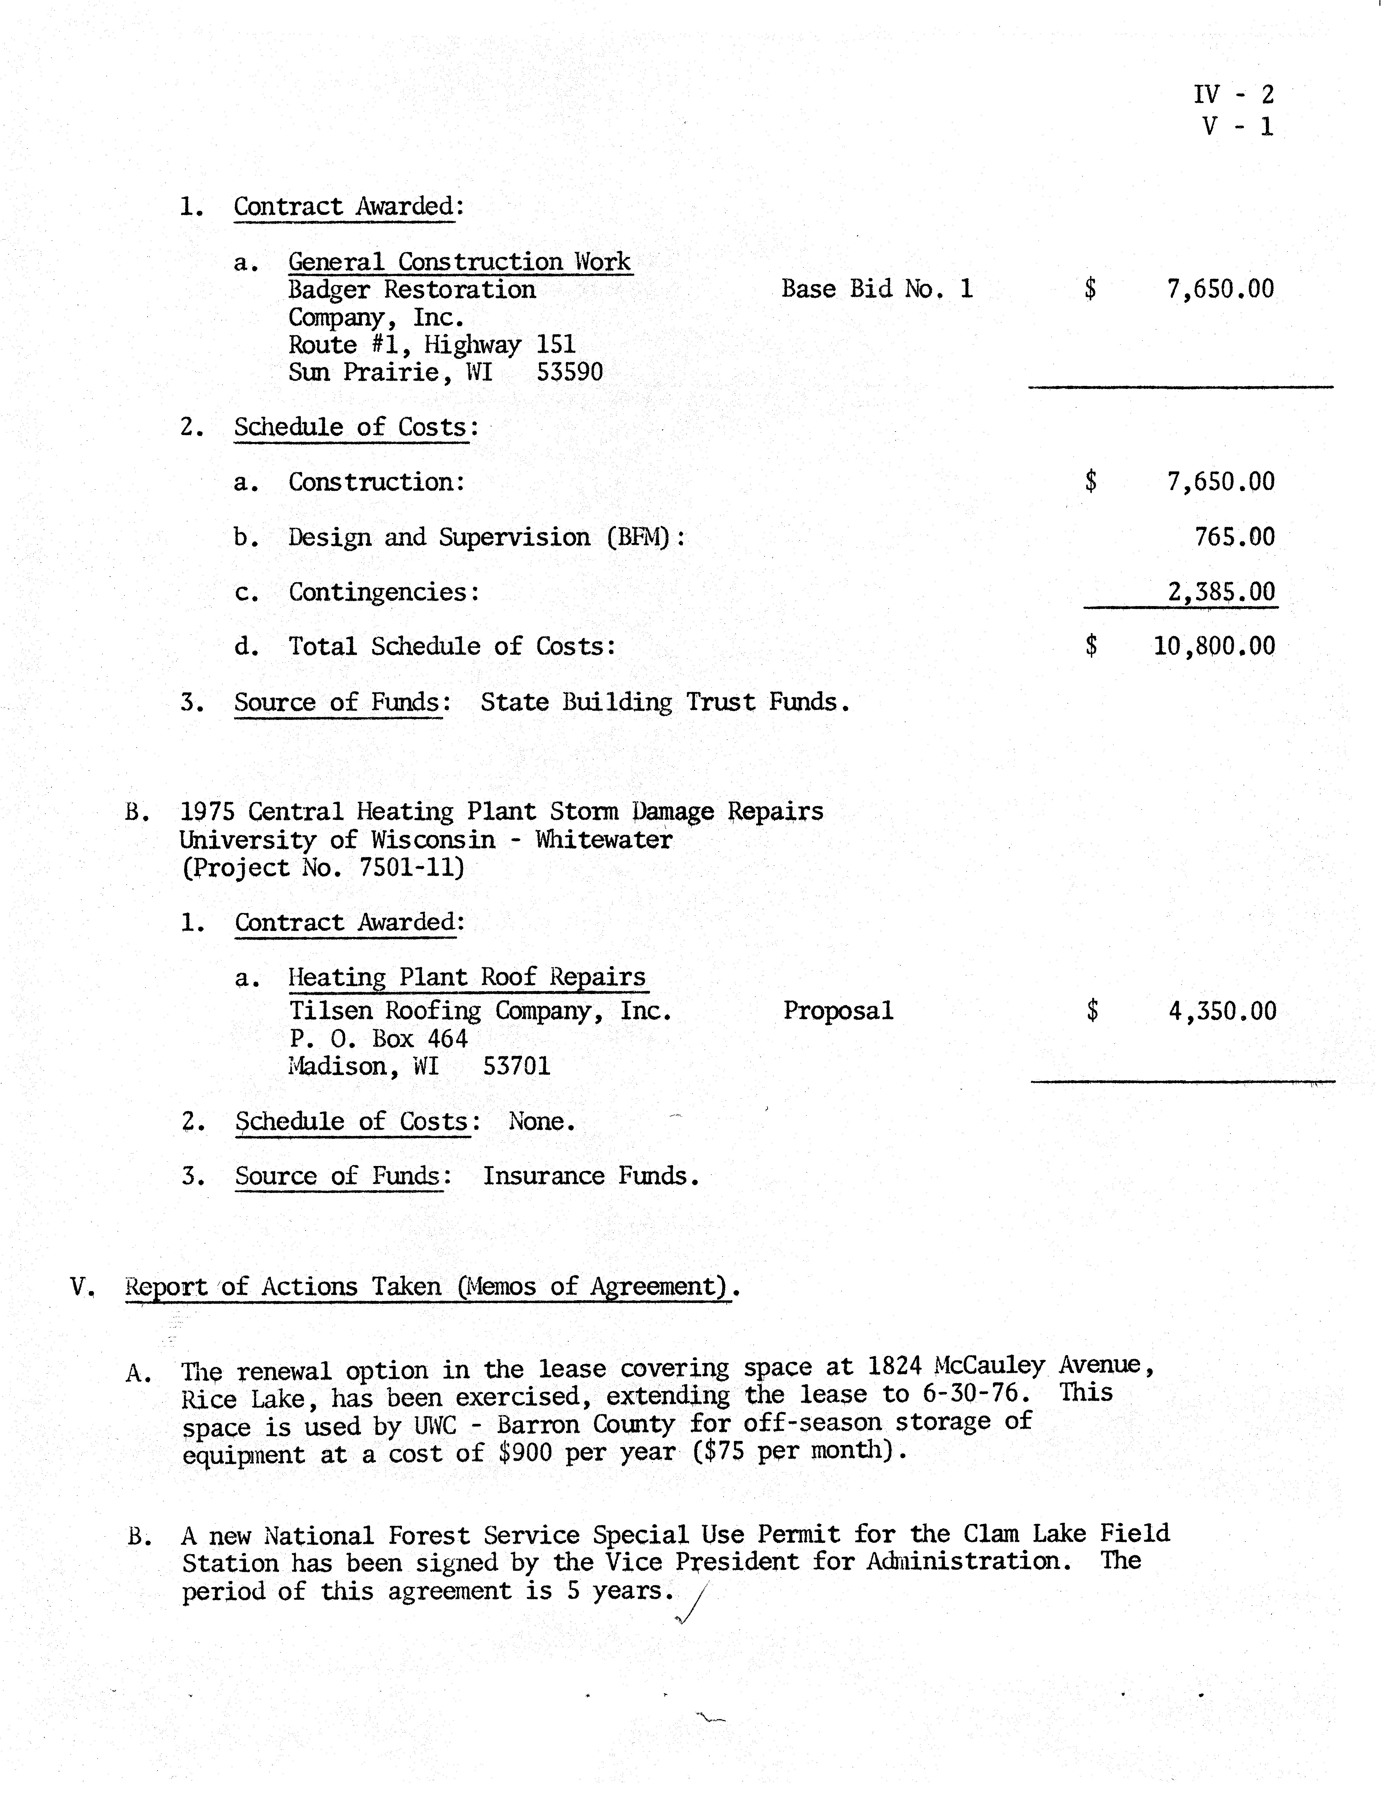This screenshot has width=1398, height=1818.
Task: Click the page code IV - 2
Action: point(1233,94)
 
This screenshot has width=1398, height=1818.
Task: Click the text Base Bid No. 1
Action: point(877,289)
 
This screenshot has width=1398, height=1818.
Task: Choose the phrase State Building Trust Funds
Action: point(665,702)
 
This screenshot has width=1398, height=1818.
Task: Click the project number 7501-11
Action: point(411,867)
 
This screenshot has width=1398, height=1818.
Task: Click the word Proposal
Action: point(838,1010)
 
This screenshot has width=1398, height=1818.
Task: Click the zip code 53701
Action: point(517,1066)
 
